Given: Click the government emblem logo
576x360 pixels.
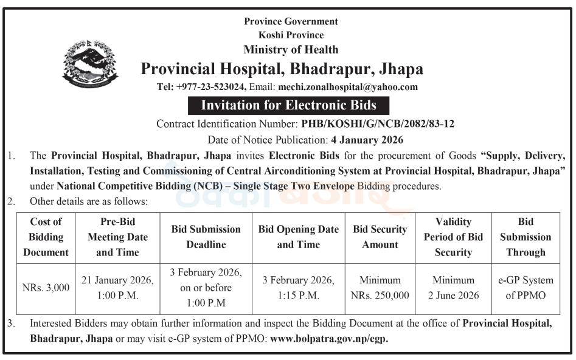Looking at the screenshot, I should (x=90, y=64).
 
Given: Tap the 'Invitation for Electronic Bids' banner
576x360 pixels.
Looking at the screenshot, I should (x=288, y=105).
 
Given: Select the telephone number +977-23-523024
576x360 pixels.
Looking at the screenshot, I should (x=210, y=87).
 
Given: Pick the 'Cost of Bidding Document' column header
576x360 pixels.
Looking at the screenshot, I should (x=46, y=237).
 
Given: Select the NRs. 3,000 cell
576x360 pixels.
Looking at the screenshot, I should (x=46, y=288).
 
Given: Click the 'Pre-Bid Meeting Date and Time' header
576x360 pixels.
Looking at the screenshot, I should (x=117, y=237).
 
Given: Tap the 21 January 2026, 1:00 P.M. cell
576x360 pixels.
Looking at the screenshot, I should (x=117, y=288).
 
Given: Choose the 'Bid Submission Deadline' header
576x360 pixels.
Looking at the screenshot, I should (x=206, y=237).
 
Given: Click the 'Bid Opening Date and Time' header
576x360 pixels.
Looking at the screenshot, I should (x=299, y=237).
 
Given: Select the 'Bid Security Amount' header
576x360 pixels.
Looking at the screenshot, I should (x=380, y=237).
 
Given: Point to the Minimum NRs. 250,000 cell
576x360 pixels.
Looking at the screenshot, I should (x=380, y=288).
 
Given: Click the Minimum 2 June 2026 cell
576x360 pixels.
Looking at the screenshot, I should (x=453, y=288).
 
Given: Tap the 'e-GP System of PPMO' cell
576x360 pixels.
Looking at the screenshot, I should (x=526, y=288).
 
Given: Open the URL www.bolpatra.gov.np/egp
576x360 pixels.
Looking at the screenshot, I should (x=328, y=339).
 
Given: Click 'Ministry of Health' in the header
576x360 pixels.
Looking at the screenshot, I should (x=291, y=49).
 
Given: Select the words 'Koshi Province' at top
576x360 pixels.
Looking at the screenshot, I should (x=291, y=35).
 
